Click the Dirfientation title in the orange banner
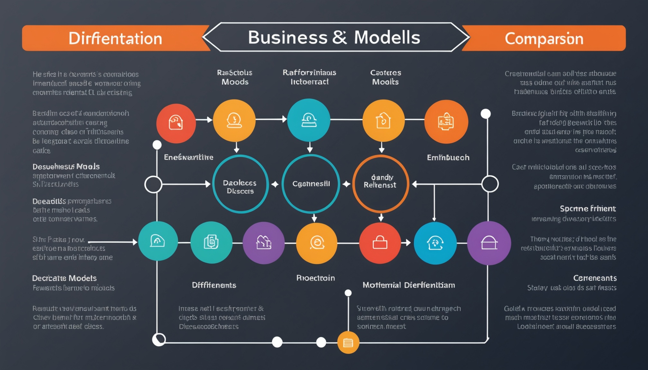coord(115,39)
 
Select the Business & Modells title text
coord(334,37)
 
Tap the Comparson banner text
coord(544,39)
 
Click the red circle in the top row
coord(176,123)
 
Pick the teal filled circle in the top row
coord(309,120)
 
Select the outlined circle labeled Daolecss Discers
coord(240,184)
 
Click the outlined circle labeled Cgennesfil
coord(310,184)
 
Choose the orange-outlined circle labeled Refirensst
coord(381,184)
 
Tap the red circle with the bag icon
coord(380,243)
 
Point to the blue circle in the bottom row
coord(435,243)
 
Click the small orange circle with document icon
coord(348,343)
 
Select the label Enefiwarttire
coord(189,157)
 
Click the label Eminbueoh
coord(448,158)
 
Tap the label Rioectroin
coord(315,278)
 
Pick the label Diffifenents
coord(214,285)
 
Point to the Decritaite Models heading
coord(64,278)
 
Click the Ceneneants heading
coord(595,278)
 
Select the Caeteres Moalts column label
coord(385,77)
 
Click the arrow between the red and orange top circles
coord(204,120)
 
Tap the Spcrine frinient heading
coord(588,209)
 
